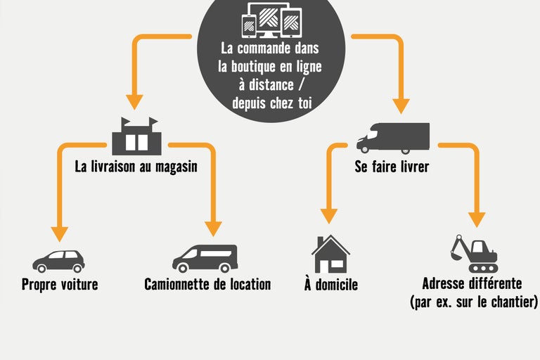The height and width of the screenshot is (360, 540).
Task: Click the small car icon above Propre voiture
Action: (x=58, y=261)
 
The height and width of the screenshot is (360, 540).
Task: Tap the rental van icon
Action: (x=205, y=259)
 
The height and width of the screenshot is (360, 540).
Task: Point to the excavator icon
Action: (x=473, y=254)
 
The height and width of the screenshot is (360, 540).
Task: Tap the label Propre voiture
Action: (x=60, y=285)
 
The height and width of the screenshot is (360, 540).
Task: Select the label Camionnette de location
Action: (x=207, y=285)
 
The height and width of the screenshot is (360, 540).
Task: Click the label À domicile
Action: (x=331, y=285)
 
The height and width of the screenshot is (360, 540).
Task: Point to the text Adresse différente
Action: (x=472, y=284)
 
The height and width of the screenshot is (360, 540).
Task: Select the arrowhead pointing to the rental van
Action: (x=213, y=229)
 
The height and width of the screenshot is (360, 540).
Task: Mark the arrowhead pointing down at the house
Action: (x=328, y=216)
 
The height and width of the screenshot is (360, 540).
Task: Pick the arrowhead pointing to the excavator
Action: (x=477, y=219)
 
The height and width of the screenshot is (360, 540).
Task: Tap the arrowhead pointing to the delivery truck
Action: (x=401, y=106)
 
